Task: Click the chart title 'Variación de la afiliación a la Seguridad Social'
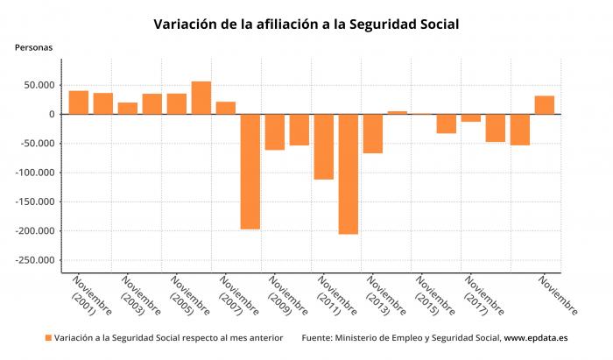(306, 24)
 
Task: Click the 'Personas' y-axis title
(33, 47)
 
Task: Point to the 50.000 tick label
(39, 85)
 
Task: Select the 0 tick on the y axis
(52, 115)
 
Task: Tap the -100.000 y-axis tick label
(35, 173)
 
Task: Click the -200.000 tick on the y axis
(35, 231)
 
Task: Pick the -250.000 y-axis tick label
(35, 260)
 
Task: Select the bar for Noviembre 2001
(79, 102)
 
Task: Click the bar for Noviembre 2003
(128, 109)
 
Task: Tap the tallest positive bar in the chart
(201, 98)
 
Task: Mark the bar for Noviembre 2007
(226, 108)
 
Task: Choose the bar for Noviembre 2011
(324, 147)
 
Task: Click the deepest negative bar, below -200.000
(349, 174)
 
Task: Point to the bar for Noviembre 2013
(373, 134)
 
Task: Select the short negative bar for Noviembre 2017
(471, 118)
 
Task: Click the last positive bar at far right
(545, 105)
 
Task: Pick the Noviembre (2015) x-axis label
(435, 296)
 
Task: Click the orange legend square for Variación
(48, 338)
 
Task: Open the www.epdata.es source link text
(536, 338)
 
